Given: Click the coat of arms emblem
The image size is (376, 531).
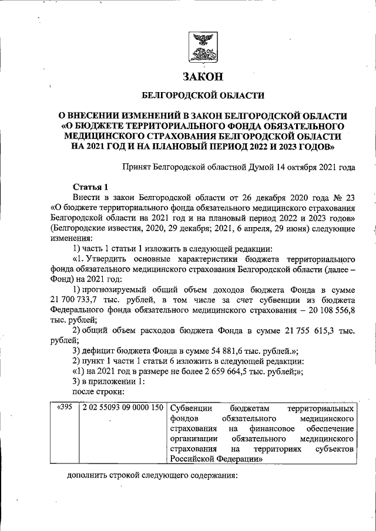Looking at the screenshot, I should coord(203,48).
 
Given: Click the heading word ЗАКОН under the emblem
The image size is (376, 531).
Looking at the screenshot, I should coord(203,77).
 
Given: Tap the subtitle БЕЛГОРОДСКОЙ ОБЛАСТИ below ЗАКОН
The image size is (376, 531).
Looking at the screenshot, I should coord(203,95).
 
